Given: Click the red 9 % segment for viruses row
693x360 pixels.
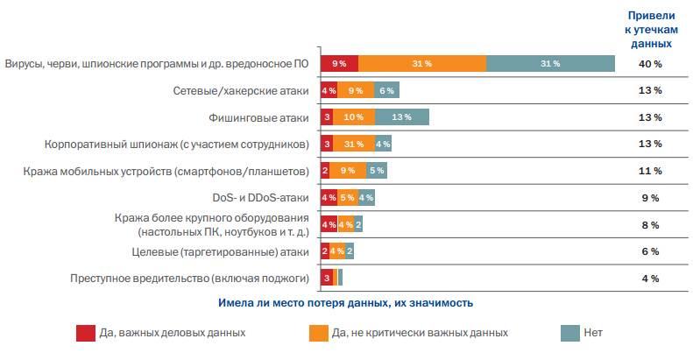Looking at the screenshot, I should [x=339, y=64].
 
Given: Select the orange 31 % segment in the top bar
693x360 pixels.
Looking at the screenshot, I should [x=422, y=64].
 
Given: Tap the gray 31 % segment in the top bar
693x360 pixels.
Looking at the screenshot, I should [x=550, y=64].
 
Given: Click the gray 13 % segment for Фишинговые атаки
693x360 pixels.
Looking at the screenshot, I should [x=402, y=117].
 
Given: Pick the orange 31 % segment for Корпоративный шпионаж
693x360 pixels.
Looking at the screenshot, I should [x=354, y=144].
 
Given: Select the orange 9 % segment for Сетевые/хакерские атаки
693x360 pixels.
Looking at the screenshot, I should [x=356, y=90].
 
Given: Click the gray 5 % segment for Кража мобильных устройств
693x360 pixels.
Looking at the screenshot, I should [x=377, y=171].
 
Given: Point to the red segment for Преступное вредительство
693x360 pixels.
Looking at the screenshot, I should [x=326, y=279].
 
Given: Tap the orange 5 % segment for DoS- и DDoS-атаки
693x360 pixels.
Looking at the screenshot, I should [x=347, y=198].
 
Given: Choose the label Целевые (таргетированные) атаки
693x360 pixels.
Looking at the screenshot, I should [x=235, y=252].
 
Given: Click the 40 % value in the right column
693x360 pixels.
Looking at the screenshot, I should [x=650, y=64].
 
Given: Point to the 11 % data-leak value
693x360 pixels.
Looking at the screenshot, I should [x=650, y=171].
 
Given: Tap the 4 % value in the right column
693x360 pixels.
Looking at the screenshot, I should [x=650, y=279].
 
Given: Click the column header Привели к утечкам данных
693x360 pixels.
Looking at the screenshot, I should [x=649, y=30].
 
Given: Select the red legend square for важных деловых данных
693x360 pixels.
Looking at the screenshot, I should [x=86, y=333].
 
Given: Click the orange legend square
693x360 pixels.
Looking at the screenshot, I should [x=318, y=333].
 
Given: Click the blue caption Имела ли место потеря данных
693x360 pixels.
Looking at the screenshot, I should [x=345, y=303].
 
